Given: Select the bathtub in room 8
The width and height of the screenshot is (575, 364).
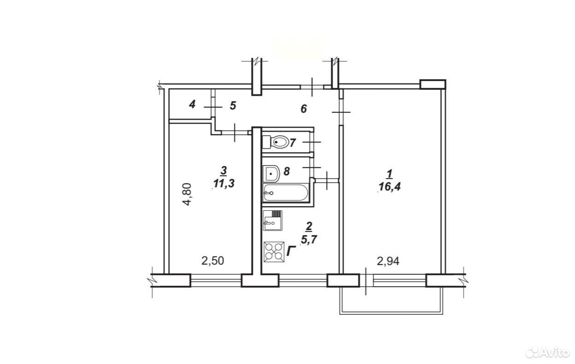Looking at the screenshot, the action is tap(286, 193).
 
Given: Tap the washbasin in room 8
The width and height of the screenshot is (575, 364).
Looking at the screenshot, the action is tap(271, 173).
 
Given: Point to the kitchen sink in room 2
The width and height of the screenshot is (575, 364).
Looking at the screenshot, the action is tap(273, 220).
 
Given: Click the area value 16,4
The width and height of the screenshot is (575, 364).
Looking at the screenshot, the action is tap(390, 187).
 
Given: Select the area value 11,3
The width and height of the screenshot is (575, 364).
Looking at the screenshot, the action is tap(224, 184).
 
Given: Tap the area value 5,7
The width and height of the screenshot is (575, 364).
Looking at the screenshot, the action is tap(309, 239).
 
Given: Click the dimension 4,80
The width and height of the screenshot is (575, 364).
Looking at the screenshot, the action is tap(187, 194).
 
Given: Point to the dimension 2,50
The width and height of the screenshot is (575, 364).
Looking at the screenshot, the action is tap(213, 261).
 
